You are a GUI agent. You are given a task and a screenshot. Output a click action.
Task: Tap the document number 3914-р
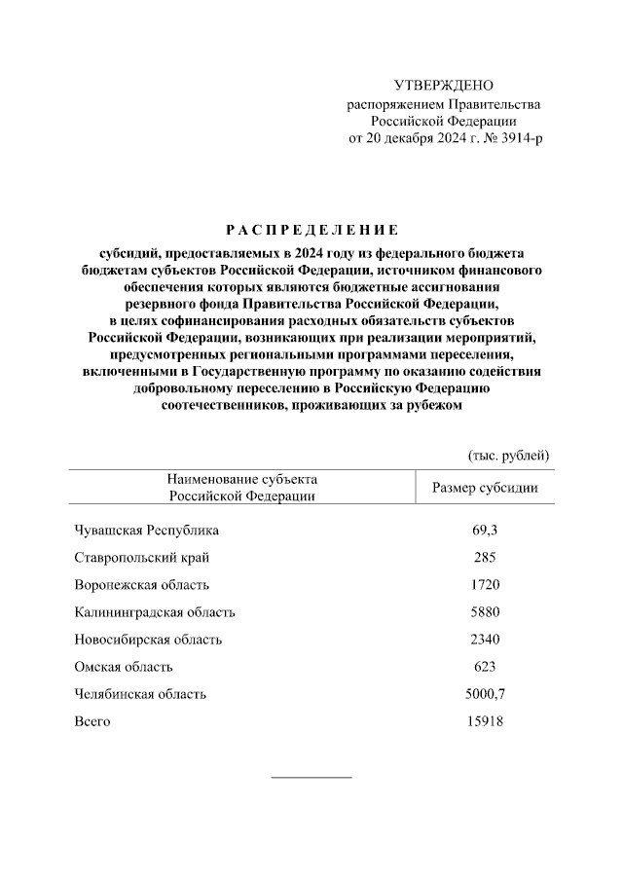pos(518,138)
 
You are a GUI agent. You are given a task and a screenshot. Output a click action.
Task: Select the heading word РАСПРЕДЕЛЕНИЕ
pos(311,231)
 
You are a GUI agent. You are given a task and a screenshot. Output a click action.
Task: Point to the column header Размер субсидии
pos(485,488)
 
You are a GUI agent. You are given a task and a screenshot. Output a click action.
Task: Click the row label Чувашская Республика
pos(147,531)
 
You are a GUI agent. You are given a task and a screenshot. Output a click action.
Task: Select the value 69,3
pos(485,531)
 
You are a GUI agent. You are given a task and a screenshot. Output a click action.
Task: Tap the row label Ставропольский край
pos(141,558)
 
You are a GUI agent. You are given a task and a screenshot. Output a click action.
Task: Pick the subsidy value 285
pos(485,558)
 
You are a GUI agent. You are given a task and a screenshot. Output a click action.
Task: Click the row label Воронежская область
pos(141,585)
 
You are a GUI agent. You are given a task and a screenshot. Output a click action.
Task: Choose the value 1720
pos(485,585)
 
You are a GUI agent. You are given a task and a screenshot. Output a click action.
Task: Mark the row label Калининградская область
pos(154,612)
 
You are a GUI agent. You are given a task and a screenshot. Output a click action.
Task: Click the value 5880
pos(485,612)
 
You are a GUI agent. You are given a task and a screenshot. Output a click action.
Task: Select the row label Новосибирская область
pos(148,640)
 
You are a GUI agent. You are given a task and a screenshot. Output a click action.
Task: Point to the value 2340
pos(485,640)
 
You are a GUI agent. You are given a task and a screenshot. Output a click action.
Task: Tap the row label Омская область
pos(124,667)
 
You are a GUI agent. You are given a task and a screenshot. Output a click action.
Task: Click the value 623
pos(485,667)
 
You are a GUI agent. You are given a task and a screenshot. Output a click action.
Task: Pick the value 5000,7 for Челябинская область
pos(485,694)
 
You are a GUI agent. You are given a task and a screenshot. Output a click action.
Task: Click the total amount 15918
pos(485,721)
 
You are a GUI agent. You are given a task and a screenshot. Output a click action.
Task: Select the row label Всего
pos(92,721)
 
